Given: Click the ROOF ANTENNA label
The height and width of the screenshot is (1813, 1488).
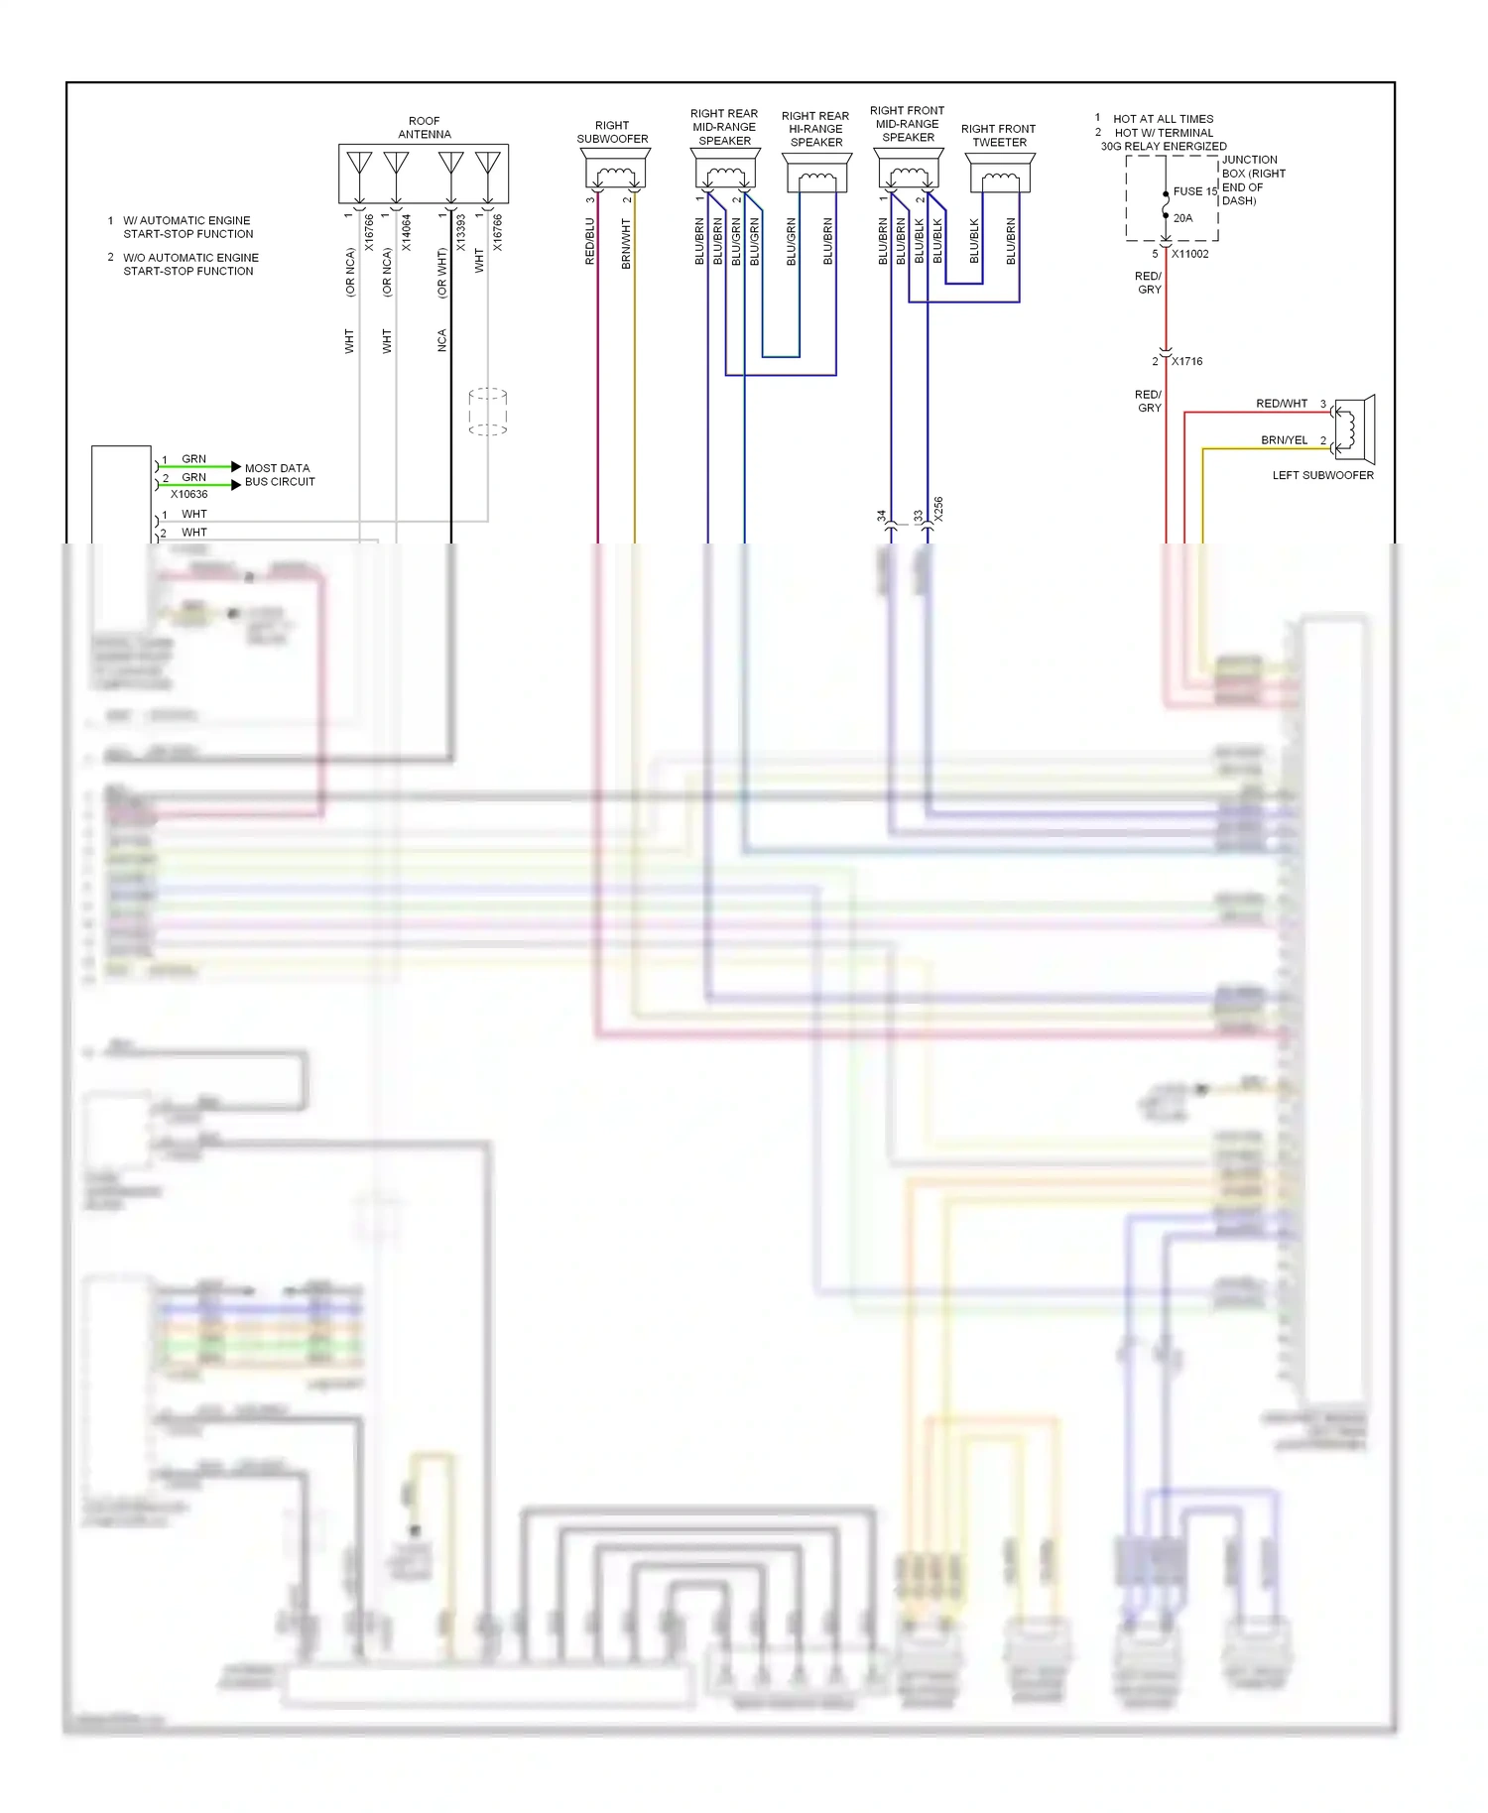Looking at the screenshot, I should (424, 128).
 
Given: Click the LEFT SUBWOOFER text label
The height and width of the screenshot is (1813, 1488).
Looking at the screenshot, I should (1322, 476).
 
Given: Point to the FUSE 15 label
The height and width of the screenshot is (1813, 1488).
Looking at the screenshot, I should (1194, 191).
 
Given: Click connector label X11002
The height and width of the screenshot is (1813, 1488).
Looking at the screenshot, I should (1189, 254).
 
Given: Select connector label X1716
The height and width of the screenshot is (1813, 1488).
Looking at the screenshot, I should (1186, 361).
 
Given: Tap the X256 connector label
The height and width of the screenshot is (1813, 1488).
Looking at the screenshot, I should (938, 509).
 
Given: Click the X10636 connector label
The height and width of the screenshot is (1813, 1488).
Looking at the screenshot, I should (188, 494).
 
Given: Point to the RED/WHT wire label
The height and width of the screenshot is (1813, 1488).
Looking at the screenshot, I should (1281, 404).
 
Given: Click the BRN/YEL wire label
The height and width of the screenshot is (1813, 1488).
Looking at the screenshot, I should (1284, 440).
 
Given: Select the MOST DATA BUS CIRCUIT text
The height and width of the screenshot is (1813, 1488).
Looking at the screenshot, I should (279, 475).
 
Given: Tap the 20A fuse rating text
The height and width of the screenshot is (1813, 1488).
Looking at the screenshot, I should (1182, 218).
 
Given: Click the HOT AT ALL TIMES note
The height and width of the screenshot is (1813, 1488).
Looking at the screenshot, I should (1163, 119).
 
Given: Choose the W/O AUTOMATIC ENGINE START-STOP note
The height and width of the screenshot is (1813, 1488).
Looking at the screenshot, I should (189, 264).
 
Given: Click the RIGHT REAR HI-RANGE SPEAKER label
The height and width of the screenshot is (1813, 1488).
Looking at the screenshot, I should (815, 129).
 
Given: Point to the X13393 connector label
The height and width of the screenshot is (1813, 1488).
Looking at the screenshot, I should (460, 232).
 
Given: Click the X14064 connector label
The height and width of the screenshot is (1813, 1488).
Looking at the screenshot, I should (406, 232).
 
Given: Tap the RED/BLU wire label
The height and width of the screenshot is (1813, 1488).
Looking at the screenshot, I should (589, 241).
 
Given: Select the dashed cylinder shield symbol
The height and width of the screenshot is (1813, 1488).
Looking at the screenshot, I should (487, 412).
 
